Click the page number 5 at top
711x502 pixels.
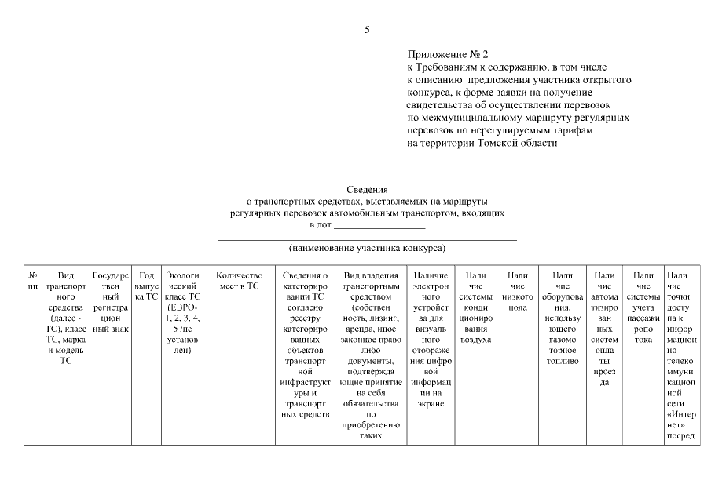coord(366,30)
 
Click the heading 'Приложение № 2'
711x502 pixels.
coord(448,55)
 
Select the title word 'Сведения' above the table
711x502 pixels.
coord(367,190)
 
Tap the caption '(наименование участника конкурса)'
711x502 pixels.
coord(367,248)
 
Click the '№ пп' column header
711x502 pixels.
coord(32,281)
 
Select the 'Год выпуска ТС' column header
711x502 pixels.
coord(146,286)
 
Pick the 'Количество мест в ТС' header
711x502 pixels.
coord(238,281)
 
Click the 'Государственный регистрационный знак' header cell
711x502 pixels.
coord(110,302)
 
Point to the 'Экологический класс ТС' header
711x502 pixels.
coord(183,313)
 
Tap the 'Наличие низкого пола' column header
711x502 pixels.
coord(517,292)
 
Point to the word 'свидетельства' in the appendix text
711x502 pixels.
coord(436,105)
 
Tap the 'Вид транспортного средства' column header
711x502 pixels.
coord(65,323)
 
